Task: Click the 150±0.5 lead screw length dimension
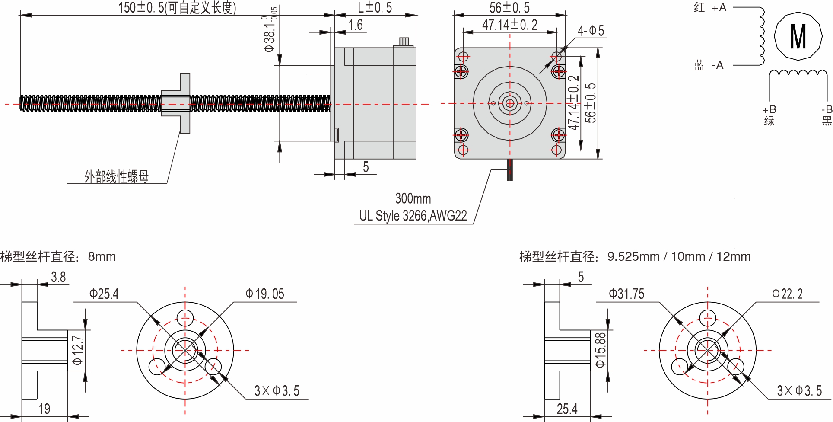pos(177,7)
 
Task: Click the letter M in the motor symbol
pos(798,36)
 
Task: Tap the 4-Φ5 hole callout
pos(591,31)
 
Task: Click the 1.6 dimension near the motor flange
pos(356,25)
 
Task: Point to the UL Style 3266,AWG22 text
pos(413,215)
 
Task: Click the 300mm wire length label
pos(413,198)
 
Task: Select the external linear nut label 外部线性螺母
pos(116,176)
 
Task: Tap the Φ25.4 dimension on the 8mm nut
pos(104,294)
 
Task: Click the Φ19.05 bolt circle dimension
pos(265,294)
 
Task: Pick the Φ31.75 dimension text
pos(626,294)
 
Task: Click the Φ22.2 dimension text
pos(787,294)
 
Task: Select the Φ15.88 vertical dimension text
pos(601,350)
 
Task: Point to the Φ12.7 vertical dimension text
pos(78,350)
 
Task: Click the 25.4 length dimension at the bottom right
pos(567,409)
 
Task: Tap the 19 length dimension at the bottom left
pos(45,409)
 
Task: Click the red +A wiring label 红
pos(699,7)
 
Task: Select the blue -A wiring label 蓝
pos(699,65)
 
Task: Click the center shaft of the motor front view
pos(510,103)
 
